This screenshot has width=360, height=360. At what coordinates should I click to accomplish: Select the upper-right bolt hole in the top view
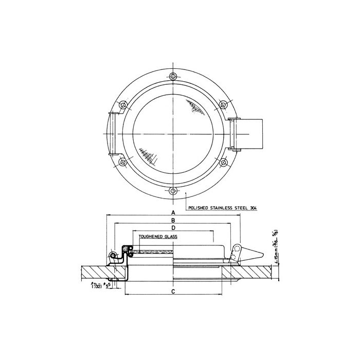coord(222,105)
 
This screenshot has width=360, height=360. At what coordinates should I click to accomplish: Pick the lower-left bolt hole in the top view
coord(122,163)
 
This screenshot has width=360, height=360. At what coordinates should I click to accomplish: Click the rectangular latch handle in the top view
coord(250,134)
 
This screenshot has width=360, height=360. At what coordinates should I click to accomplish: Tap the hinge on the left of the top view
coord(112,134)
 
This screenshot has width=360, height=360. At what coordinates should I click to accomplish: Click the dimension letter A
coord(173,212)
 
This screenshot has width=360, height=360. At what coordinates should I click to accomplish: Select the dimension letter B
coord(173,220)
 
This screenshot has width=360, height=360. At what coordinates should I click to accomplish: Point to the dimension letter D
coord(173,227)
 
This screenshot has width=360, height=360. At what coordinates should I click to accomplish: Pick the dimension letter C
coord(173,292)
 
